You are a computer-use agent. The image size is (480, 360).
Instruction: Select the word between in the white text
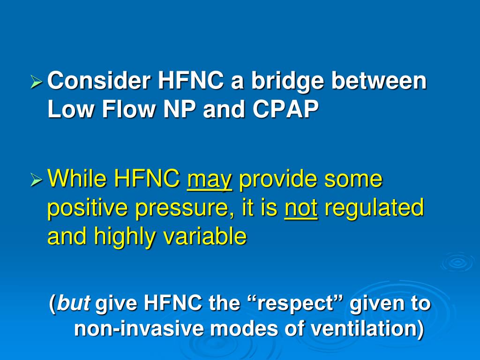click(379, 81)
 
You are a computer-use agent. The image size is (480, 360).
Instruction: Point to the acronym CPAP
click(285, 110)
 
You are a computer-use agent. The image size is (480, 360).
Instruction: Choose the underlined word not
click(301, 208)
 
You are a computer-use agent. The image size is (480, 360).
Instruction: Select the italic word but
click(74, 304)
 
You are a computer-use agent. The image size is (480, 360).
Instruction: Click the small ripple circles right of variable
click(457, 262)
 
